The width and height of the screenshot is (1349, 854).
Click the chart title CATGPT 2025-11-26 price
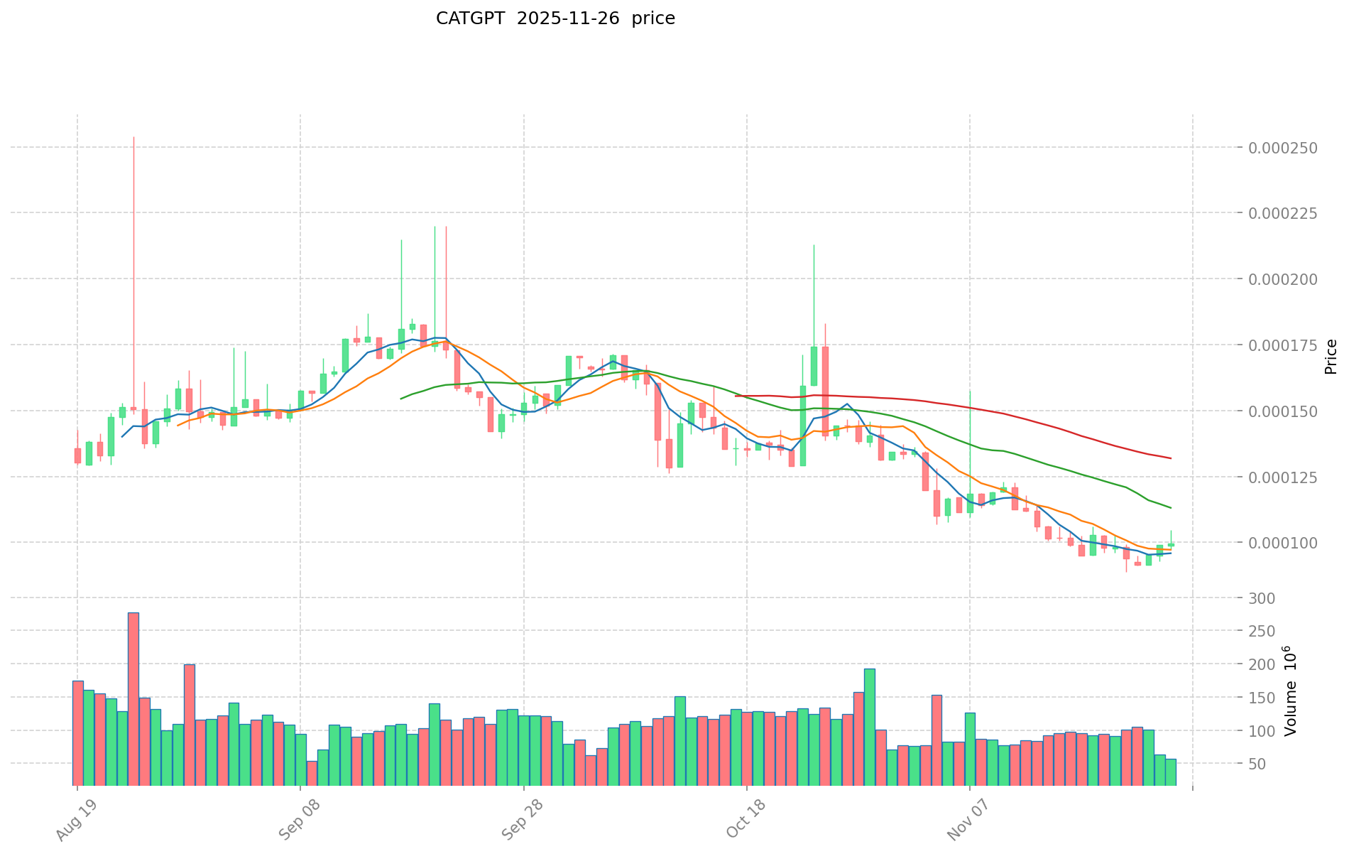click(x=555, y=18)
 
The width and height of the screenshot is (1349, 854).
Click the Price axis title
click(x=1331, y=357)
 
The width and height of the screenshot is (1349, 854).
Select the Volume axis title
click(x=1290, y=691)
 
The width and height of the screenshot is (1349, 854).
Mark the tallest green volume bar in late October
click(x=869, y=726)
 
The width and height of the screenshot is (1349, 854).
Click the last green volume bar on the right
click(x=1170, y=772)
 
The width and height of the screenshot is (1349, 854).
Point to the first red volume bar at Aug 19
click(x=78, y=733)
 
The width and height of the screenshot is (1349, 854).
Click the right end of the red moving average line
click(x=1170, y=458)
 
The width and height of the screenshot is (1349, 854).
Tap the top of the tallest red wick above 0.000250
click(x=133, y=137)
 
